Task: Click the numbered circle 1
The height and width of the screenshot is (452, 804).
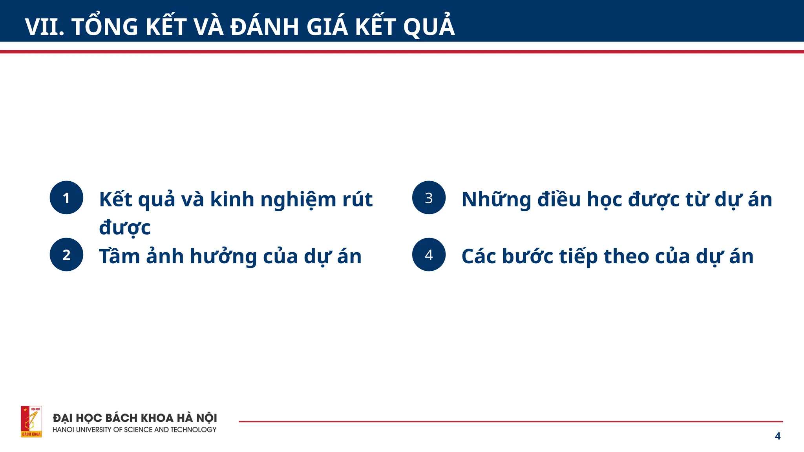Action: pyautogui.click(x=66, y=198)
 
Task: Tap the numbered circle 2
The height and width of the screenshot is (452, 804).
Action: pyautogui.click(x=66, y=255)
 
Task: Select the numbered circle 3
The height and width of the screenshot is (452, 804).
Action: pyautogui.click(x=429, y=198)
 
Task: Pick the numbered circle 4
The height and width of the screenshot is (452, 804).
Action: pyautogui.click(x=429, y=255)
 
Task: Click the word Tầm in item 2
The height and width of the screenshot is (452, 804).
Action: pyautogui.click(x=119, y=256)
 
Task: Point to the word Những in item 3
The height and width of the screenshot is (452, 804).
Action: pyautogui.click(x=496, y=200)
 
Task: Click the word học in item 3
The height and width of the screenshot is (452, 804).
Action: pyautogui.click(x=604, y=200)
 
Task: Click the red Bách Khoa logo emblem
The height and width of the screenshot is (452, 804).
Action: pyautogui.click(x=31, y=421)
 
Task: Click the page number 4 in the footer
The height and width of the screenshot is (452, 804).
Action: pyautogui.click(x=777, y=436)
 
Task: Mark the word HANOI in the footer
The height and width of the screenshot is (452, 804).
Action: pyautogui.click(x=63, y=430)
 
